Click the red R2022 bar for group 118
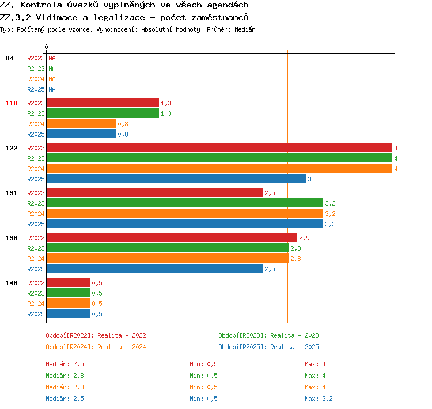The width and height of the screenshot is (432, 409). pos(103,103)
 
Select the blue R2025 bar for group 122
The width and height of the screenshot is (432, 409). pos(176,179)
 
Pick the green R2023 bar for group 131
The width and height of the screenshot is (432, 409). pos(185,203)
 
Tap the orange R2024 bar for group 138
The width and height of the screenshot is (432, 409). pos(168,259)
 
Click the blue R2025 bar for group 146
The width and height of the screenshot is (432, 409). pos(69,313)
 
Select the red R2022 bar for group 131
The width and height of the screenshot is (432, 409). pos(155,192)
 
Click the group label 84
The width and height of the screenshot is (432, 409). pos(9,58)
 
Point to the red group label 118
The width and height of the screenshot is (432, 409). pos(12,103)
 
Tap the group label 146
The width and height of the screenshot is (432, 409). pos(12,283)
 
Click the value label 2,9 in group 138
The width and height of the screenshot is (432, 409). pos(305,238)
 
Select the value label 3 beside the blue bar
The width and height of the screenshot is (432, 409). pos(309,179)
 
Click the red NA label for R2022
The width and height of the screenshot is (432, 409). pos(52,58)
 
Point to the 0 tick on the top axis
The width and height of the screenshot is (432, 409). pos(46,47)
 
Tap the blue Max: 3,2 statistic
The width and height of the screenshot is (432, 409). pos(319,399)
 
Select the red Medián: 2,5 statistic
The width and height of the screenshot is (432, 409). pos(65,364)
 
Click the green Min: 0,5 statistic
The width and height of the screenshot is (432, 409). pos(203,376)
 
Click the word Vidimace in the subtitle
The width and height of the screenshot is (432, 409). pos(57,18)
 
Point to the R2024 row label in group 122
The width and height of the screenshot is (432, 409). pos(36,169)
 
